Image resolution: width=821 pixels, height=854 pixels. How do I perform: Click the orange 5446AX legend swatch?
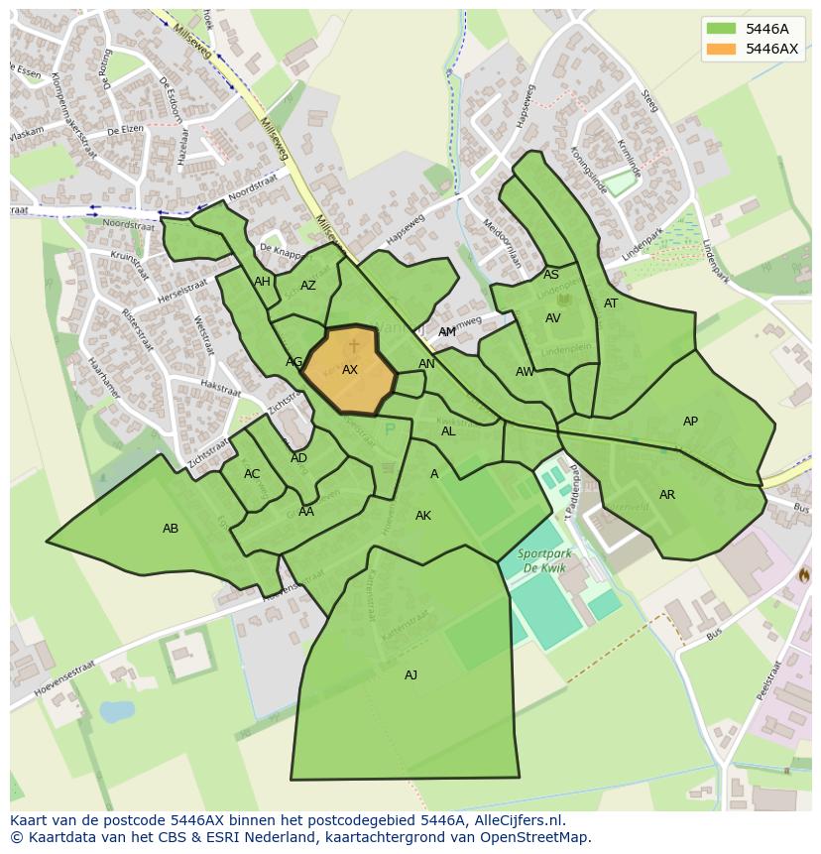(x=722, y=49)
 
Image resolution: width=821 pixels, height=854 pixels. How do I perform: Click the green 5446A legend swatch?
(x=722, y=29)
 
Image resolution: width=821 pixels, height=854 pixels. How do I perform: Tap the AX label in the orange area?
(x=350, y=370)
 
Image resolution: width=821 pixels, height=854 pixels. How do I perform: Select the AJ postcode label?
(x=410, y=675)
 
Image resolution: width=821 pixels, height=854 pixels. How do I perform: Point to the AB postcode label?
(x=171, y=529)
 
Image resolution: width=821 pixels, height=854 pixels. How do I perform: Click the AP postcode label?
(x=690, y=422)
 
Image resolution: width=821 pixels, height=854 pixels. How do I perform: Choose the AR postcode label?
(x=667, y=495)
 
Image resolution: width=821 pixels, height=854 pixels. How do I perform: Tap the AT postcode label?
(x=611, y=304)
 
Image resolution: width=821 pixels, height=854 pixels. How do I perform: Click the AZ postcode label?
(x=308, y=286)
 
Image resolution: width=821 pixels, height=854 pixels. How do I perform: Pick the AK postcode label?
(x=423, y=516)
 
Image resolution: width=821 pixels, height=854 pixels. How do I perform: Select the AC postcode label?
(x=252, y=474)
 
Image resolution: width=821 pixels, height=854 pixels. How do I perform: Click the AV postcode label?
(x=553, y=318)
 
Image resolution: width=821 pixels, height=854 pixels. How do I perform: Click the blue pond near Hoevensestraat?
(x=117, y=711)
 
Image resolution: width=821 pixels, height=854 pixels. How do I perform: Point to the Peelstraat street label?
(x=769, y=680)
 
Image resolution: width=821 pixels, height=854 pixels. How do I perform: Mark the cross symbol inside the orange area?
(x=354, y=345)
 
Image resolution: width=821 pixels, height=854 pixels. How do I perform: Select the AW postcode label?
(x=525, y=372)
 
